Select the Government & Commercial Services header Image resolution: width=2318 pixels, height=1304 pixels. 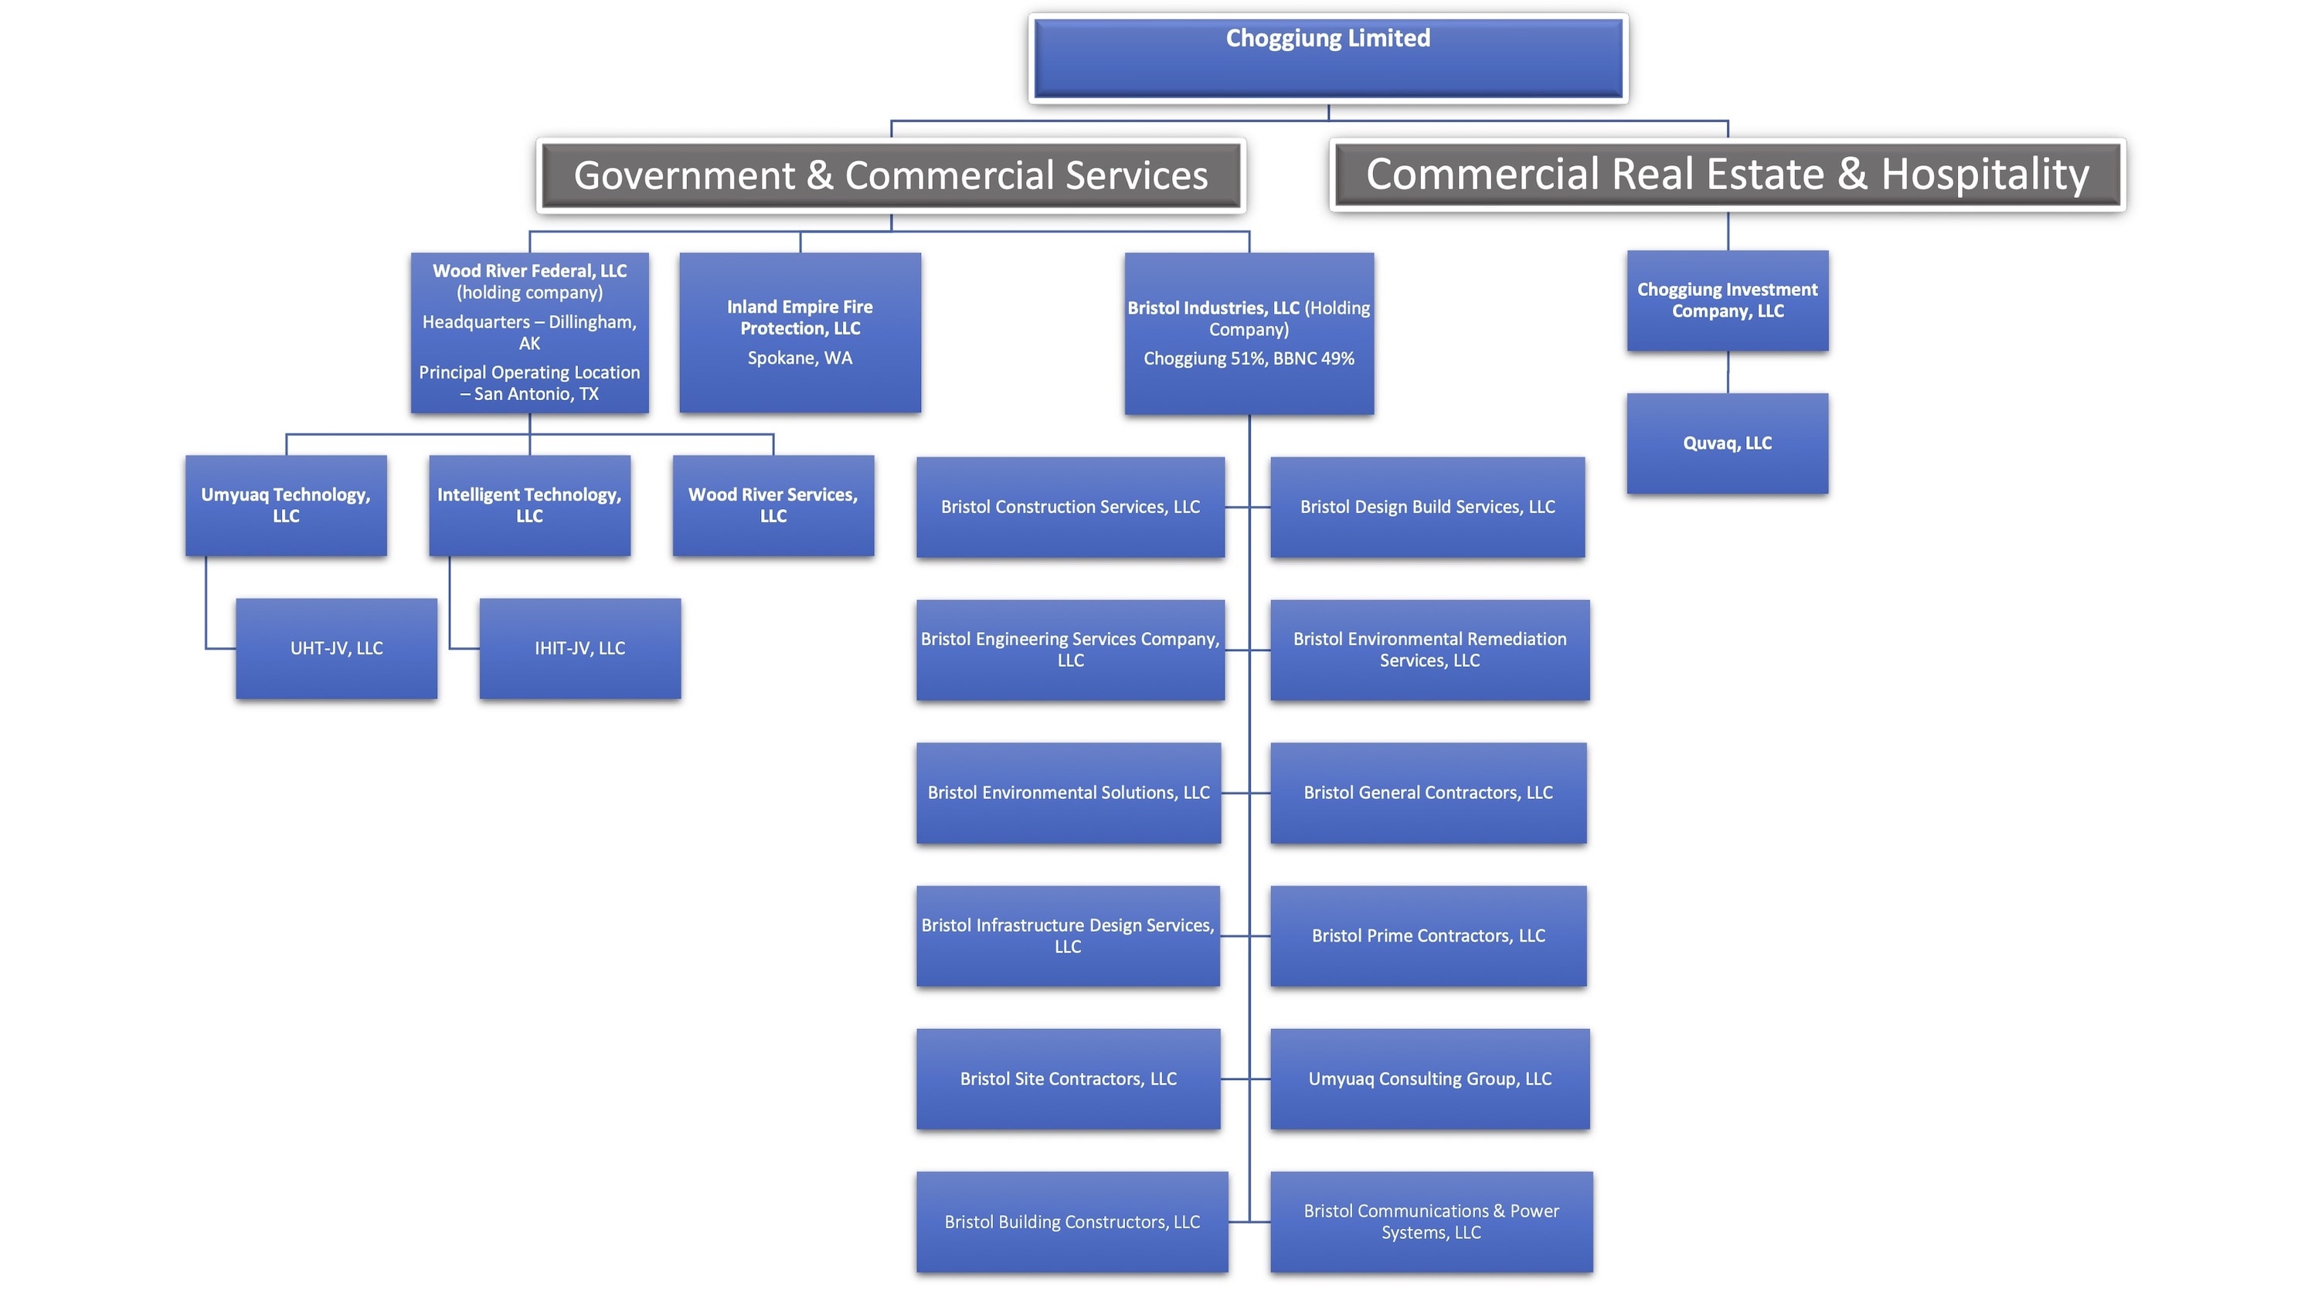(891, 175)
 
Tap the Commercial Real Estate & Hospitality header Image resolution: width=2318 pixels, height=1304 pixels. (1727, 175)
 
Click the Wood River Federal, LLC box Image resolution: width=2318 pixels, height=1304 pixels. (529, 332)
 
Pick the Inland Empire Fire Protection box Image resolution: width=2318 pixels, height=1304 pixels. (799, 332)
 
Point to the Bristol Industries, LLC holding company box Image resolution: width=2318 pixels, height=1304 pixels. (1248, 333)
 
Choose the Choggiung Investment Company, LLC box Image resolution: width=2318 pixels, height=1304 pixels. (1727, 301)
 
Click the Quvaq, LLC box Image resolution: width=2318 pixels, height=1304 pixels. (1727, 443)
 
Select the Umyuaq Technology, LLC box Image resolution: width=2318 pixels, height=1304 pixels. (285, 505)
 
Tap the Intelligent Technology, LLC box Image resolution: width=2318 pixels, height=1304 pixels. (529, 505)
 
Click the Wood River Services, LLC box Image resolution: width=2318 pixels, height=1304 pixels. (773, 505)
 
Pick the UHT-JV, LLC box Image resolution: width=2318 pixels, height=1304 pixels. (337, 648)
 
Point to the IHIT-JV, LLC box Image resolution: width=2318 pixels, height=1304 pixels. (579, 648)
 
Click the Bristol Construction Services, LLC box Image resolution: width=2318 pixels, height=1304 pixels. (1070, 507)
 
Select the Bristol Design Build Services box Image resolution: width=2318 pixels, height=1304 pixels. (1427, 507)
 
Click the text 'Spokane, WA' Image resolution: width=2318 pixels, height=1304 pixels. (799, 358)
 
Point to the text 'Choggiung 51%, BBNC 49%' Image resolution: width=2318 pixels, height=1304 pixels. (1248, 359)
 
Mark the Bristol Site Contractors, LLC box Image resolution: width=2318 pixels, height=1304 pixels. (1068, 1078)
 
